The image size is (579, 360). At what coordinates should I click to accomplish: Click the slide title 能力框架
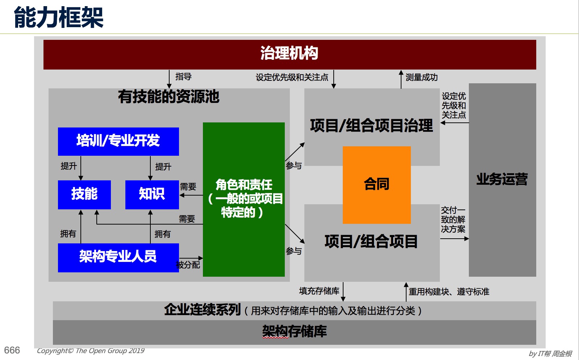tap(59, 17)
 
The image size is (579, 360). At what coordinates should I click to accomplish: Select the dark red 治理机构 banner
tap(289, 55)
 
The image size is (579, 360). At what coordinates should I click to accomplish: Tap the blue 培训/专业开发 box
tap(118, 141)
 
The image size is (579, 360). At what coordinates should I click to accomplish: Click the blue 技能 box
tap(84, 194)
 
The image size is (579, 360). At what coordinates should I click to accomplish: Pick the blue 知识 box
tap(152, 194)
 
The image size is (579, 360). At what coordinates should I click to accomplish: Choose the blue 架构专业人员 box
tap(118, 258)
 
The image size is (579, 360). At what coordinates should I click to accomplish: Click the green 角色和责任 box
tap(244, 200)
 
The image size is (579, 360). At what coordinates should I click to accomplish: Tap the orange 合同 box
tap(376, 185)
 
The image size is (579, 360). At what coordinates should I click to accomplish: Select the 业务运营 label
tap(502, 179)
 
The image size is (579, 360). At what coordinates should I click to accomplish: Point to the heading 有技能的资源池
tap(168, 97)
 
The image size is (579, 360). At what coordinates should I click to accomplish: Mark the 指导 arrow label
tap(184, 76)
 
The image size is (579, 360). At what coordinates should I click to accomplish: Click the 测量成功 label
tap(422, 77)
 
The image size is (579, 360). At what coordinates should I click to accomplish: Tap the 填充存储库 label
tap(319, 291)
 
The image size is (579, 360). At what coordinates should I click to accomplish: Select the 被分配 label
tap(188, 265)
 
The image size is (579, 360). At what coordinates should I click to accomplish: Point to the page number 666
tap(12, 350)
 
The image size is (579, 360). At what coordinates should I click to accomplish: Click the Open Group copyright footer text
tap(91, 351)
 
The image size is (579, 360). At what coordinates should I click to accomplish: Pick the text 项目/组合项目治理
tap(371, 126)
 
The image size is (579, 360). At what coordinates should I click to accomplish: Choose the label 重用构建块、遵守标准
tap(449, 292)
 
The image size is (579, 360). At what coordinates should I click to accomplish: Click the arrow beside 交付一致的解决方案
tap(454, 239)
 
